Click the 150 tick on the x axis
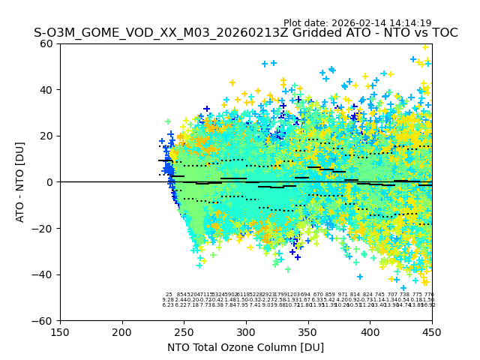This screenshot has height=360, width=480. coord(60,331)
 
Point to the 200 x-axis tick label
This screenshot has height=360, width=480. coord(122,331)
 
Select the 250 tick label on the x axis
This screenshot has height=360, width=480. coord(184,331)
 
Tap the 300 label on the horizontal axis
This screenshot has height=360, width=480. coord(246,331)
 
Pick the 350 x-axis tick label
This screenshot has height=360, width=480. coord(308,331)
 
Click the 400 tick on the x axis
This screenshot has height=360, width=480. coord(370,331)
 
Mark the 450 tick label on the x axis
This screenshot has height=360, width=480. coord(432,331)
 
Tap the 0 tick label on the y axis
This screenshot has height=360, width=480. coord(51,182)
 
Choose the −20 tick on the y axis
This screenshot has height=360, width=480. coord(46,228)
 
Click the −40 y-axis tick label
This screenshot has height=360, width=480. coord(46,274)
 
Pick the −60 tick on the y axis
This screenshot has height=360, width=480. coord(46,320)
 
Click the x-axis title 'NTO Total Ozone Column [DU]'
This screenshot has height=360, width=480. coord(246,347)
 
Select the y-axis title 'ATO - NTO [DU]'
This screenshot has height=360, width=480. coord(21,182)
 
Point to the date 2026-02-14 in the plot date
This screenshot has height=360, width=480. coord(355,23)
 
